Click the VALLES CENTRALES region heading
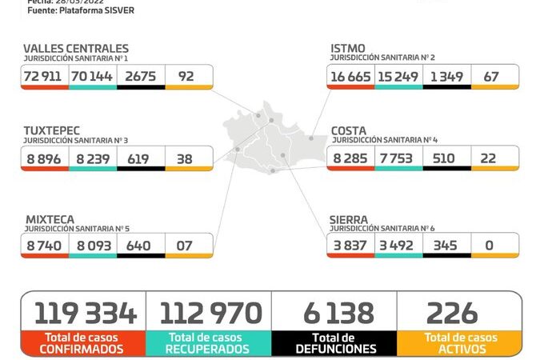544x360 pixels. click(x=76, y=49)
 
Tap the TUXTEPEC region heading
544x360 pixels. click(x=52, y=130)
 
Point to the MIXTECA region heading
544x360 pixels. click(x=50, y=218)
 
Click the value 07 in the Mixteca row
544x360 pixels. click(x=185, y=246)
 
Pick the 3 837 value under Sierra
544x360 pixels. click(x=350, y=246)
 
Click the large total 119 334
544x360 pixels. click(x=84, y=312)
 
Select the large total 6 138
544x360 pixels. click(x=334, y=312)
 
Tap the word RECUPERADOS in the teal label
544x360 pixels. click(x=208, y=349)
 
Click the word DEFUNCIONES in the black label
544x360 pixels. click(x=334, y=349)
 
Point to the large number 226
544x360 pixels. click(x=452, y=312)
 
